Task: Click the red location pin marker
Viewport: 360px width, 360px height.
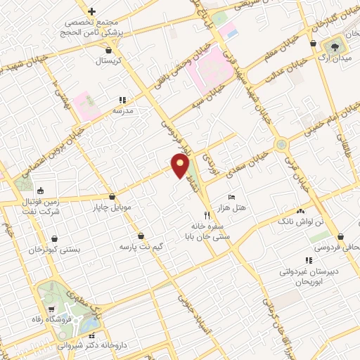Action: (181, 166)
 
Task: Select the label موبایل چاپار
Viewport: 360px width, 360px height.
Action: (112, 208)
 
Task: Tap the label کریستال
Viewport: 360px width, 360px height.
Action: (108, 61)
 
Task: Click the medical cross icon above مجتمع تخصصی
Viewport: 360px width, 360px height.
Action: (91, 11)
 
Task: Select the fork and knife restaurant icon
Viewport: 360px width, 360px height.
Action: (207, 215)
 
